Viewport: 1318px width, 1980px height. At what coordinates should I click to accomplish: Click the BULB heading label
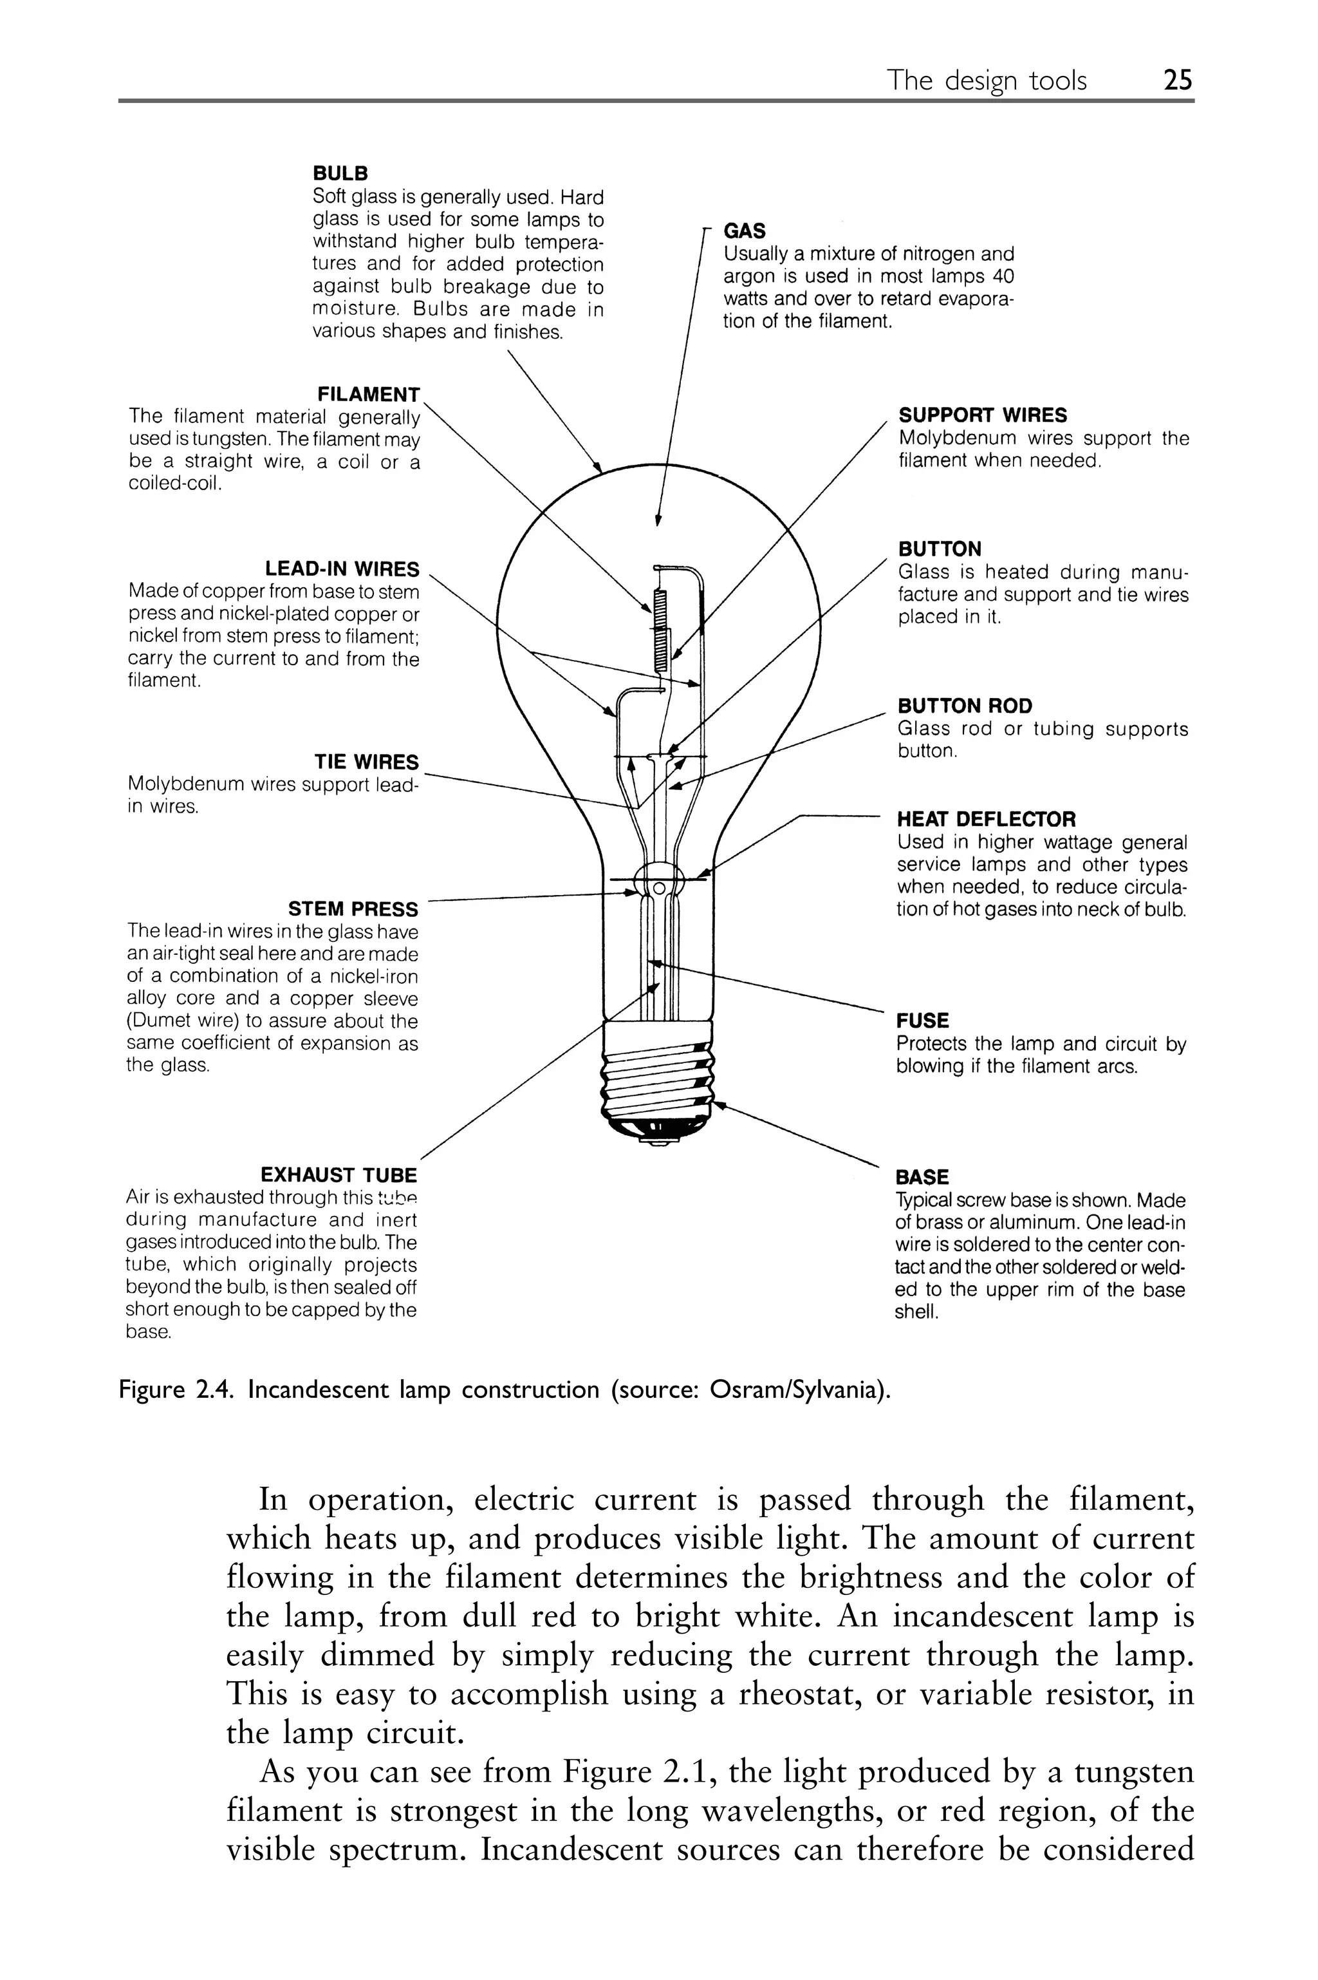(340, 174)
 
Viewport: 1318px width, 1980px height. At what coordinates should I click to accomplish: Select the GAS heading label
(744, 231)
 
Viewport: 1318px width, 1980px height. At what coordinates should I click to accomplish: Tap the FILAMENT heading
(368, 394)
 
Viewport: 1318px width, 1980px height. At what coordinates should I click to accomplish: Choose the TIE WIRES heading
(366, 762)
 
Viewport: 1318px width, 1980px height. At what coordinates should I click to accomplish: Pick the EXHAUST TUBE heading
(338, 1174)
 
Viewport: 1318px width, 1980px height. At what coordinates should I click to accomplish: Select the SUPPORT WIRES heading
(982, 415)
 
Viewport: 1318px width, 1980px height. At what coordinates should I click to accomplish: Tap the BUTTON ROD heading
(964, 706)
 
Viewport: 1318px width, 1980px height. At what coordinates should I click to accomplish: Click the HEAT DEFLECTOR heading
(986, 819)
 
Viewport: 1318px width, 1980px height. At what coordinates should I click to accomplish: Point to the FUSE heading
(922, 1021)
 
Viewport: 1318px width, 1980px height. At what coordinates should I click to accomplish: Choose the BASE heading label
(922, 1177)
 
